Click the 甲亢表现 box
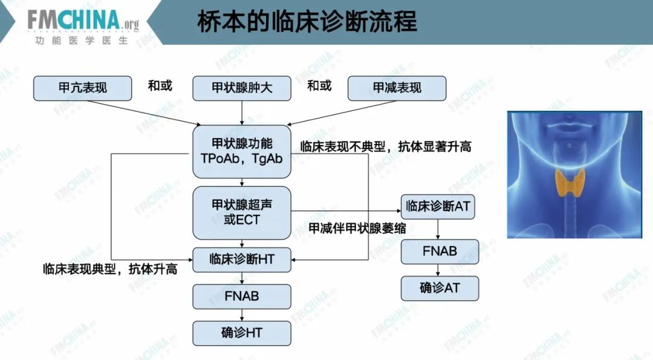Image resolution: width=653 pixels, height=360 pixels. pyautogui.click(x=82, y=88)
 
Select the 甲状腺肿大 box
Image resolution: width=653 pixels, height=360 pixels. pyautogui.click(x=242, y=88)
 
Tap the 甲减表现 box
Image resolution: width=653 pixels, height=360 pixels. pyautogui.click(x=397, y=88)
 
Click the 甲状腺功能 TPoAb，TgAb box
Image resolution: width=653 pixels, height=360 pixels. pyautogui.click(x=242, y=151)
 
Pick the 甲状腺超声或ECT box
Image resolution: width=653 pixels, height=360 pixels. pyautogui.click(x=242, y=212)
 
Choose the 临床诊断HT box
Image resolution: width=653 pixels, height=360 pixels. pyautogui.click(x=242, y=260)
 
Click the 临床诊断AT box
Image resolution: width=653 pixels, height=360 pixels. pyautogui.click(x=438, y=206)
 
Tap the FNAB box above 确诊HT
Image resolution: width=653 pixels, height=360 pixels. pyautogui.click(x=242, y=296)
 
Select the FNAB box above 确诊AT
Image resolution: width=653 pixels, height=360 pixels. pyautogui.click(x=440, y=251)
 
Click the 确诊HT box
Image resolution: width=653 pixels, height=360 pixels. pyautogui.click(x=242, y=333)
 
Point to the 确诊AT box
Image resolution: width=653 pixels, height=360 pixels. pyautogui.click(x=440, y=288)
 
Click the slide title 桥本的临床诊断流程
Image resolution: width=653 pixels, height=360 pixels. pyautogui.click(x=307, y=22)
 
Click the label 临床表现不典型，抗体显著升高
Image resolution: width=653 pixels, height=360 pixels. pyautogui.click(x=386, y=146)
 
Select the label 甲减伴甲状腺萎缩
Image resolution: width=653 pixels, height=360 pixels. pyautogui.click(x=357, y=228)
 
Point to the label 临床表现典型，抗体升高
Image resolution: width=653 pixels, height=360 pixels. pyautogui.click(x=110, y=269)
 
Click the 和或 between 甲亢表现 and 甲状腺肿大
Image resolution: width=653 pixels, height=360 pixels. pyautogui.click(x=160, y=86)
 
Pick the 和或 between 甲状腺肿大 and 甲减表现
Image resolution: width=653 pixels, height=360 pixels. pyautogui.click(x=319, y=86)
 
